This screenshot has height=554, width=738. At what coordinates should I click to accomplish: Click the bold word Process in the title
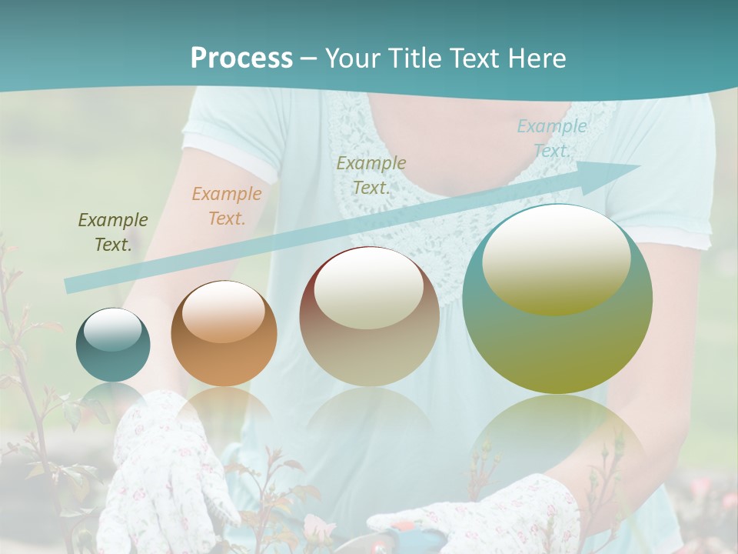(241, 58)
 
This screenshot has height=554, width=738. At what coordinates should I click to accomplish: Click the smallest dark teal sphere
(113, 345)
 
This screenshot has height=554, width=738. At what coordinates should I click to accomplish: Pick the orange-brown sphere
(224, 333)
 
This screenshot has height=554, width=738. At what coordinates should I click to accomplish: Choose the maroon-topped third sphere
(369, 316)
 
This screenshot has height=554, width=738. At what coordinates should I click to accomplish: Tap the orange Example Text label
(226, 206)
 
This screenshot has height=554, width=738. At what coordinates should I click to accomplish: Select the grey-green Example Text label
(371, 175)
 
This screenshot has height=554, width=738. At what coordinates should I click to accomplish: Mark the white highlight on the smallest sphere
(112, 330)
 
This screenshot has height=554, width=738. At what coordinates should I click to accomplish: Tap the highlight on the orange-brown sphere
(224, 312)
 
